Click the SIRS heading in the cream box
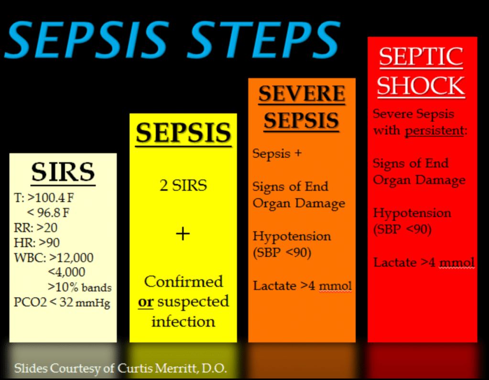(63, 172)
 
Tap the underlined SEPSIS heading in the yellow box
(184, 133)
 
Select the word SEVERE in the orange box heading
(302, 94)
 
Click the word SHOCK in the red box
(421, 86)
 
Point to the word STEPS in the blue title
(264, 39)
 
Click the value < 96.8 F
(48, 213)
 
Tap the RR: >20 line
(35, 228)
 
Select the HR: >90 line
(36, 242)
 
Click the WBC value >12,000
(71, 258)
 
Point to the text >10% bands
(79, 287)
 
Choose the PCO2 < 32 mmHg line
(62, 303)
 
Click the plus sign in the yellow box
(183, 234)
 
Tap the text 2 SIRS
(183, 185)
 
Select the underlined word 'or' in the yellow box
(146, 302)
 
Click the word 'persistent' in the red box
(435, 130)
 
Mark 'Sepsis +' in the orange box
(277, 153)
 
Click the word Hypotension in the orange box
(292, 236)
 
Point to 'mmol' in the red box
(457, 263)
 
